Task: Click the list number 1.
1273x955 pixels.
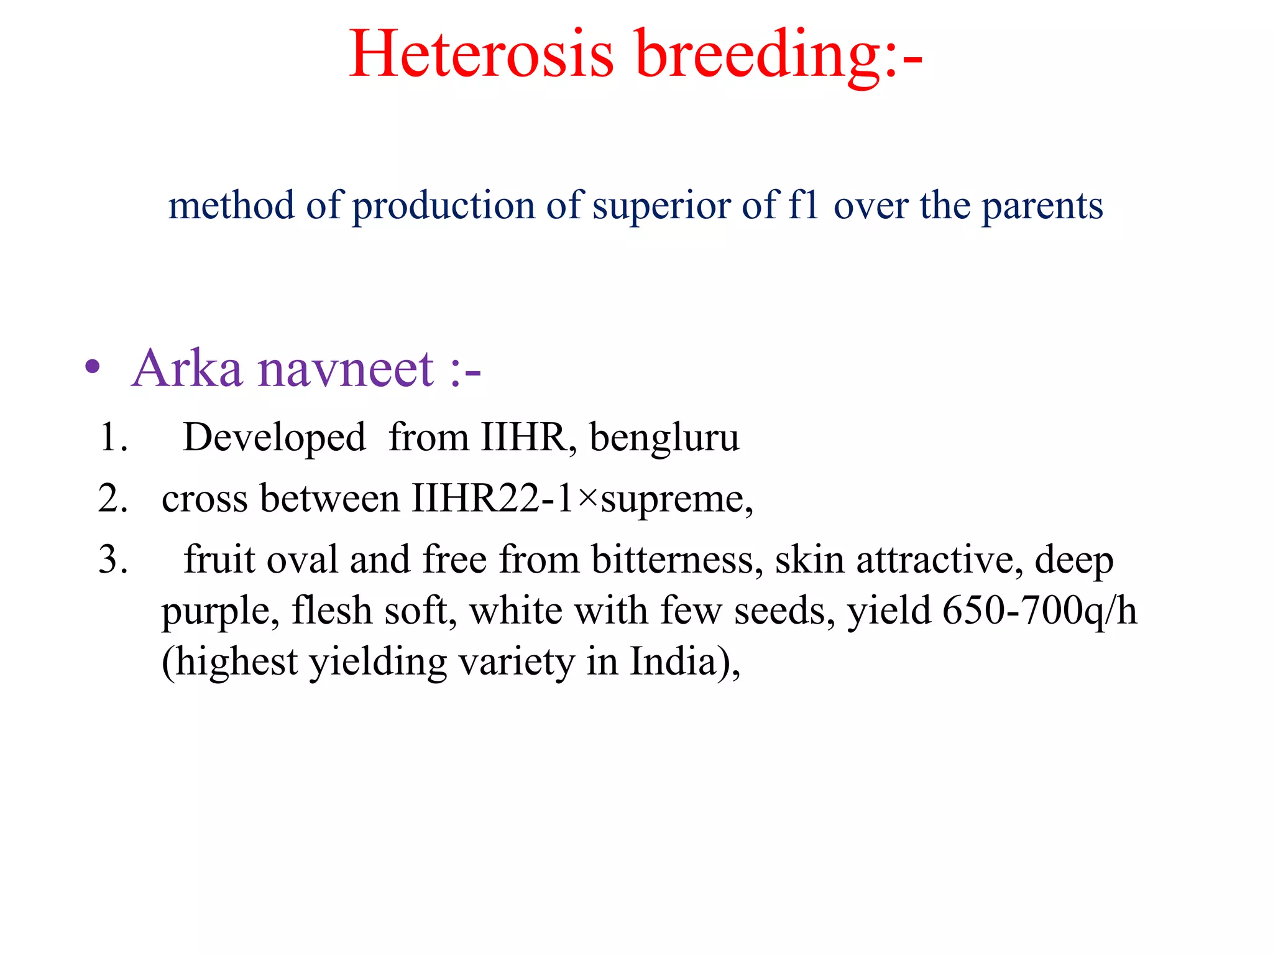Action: click(113, 437)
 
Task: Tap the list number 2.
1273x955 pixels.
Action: click(113, 499)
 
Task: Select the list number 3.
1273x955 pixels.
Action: click(113, 560)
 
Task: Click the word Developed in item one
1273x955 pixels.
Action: click(274, 438)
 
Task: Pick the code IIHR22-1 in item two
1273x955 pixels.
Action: click(492, 499)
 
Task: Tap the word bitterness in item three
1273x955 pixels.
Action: click(676, 560)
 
